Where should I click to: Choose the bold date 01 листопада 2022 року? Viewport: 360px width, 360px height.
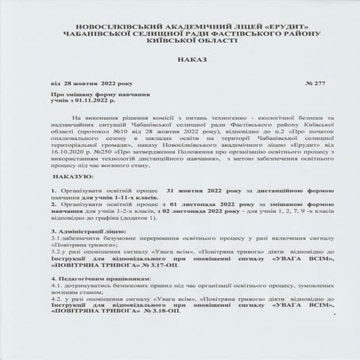pyautogui.click(x=188, y=203)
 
